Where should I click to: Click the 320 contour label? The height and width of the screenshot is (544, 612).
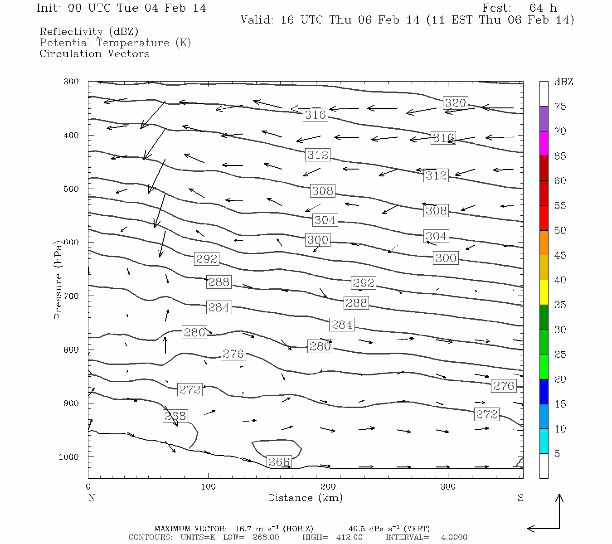pyautogui.click(x=455, y=103)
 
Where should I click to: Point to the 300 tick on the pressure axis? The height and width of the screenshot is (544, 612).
pyautogui.click(x=71, y=82)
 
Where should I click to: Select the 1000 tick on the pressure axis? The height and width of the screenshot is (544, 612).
pyautogui.click(x=69, y=457)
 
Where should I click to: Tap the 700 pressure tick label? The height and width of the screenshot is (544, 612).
pyautogui.click(x=71, y=296)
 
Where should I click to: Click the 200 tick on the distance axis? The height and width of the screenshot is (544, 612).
pyautogui.click(x=328, y=487)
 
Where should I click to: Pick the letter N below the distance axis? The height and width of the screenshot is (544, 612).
pyautogui.click(x=92, y=498)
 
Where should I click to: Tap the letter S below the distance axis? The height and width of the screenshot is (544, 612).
pyautogui.click(x=520, y=498)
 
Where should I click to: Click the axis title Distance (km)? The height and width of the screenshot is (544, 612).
pyautogui.click(x=305, y=498)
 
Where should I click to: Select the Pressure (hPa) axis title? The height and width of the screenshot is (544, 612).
pyautogui.click(x=58, y=280)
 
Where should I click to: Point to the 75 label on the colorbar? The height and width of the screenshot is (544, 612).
pyautogui.click(x=560, y=107)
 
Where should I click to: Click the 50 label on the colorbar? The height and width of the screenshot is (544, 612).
pyautogui.click(x=560, y=230)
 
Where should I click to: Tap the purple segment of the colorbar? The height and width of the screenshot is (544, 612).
pyautogui.click(x=544, y=119)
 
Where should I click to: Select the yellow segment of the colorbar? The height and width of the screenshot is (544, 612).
pyautogui.click(x=544, y=292)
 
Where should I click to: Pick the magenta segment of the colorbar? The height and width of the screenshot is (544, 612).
pyautogui.click(x=544, y=144)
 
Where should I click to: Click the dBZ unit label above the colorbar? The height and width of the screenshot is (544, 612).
pyautogui.click(x=563, y=82)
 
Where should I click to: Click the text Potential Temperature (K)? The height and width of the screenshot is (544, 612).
pyautogui.click(x=115, y=43)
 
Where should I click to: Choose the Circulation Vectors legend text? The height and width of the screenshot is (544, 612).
pyautogui.click(x=94, y=53)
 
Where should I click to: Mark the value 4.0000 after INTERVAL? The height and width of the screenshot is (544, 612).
pyautogui.click(x=454, y=537)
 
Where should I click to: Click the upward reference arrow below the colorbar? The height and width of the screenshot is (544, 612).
pyautogui.click(x=559, y=510)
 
